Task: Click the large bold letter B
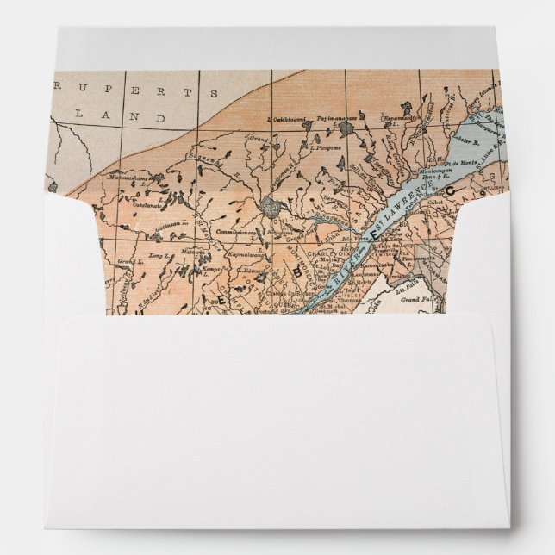(x=298, y=271)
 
